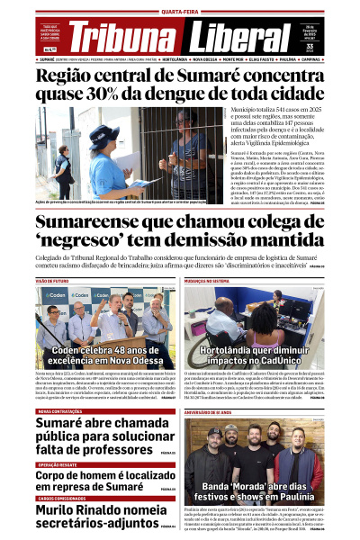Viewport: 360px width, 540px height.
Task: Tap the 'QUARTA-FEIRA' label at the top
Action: [x=180, y=13]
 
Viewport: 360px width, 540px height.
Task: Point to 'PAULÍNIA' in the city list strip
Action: [x=290, y=59]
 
